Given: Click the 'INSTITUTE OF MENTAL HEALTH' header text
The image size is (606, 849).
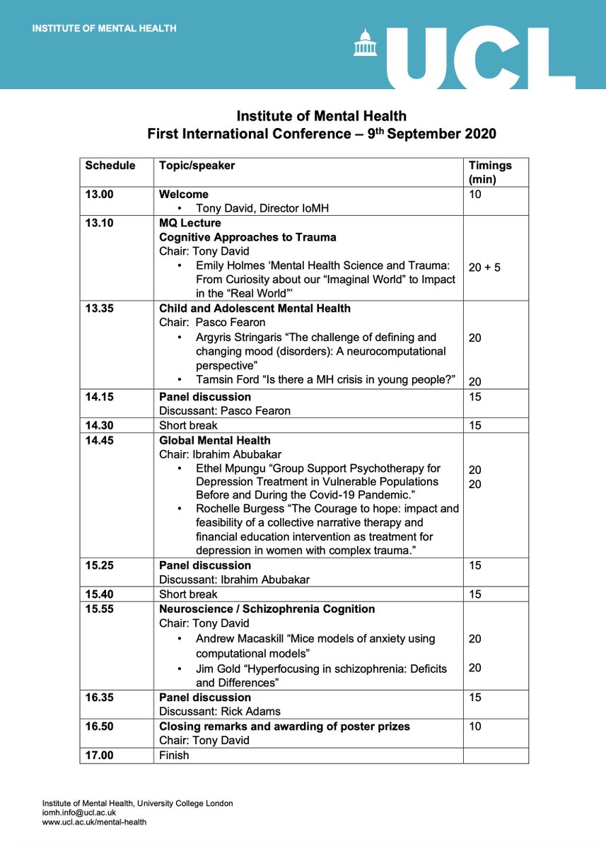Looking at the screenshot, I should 104,29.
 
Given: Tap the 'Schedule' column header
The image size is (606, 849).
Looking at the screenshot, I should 110,166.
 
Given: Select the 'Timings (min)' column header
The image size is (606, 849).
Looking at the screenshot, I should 489,173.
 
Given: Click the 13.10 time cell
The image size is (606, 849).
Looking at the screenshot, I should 100,223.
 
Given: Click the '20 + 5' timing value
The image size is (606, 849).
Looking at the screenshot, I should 484,267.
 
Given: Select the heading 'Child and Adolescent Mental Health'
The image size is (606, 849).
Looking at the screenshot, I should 255,308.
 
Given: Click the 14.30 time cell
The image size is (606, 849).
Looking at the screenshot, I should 100,425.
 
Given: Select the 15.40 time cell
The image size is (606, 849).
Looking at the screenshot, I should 100,594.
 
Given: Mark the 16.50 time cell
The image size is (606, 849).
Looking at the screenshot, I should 100,727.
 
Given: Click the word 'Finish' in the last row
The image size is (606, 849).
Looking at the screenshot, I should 174,755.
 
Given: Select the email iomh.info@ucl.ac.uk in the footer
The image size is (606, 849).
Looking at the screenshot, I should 78,813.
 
